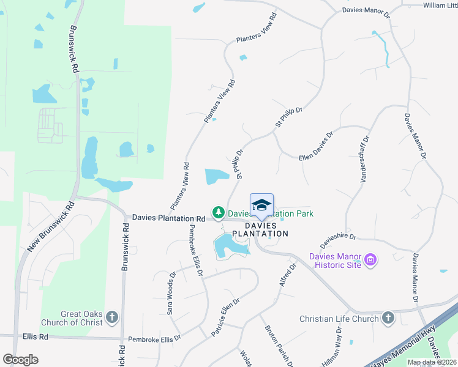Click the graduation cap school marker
pos(261,205)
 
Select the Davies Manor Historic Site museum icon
pos(370,261)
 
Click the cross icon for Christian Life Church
pos(388,317)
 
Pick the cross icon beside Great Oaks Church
pos(111,317)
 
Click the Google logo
pos(20,360)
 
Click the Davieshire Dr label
pos(339,234)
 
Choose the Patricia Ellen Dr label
pos(225,316)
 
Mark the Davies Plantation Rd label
pos(168,218)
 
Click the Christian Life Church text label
pos(340,319)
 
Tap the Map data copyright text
pos(432,362)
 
